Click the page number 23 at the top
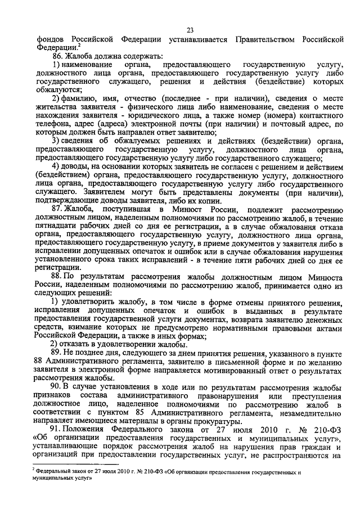190,30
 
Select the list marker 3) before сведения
55,140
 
